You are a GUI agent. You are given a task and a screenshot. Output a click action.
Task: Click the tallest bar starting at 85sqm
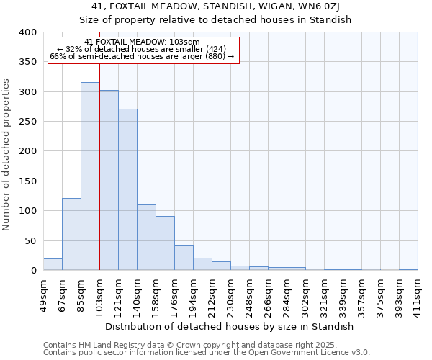(x=90, y=176)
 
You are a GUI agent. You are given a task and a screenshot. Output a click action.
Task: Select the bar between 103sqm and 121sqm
(x=109, y=180)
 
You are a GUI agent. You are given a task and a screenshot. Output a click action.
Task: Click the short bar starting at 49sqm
(x=53, y=264)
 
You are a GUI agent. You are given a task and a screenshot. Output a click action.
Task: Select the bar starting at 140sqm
(x=146, y=238)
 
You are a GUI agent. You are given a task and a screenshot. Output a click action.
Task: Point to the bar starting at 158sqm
(x=165, y=243)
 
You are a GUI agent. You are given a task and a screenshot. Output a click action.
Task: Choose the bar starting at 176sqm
(x=184, y=258)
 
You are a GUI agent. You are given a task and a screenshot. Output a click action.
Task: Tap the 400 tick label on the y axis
(x=27, y=32)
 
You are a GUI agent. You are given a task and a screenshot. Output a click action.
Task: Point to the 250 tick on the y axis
(x=27, y=122)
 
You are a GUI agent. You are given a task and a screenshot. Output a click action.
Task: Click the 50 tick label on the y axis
(x=30, y=240)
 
